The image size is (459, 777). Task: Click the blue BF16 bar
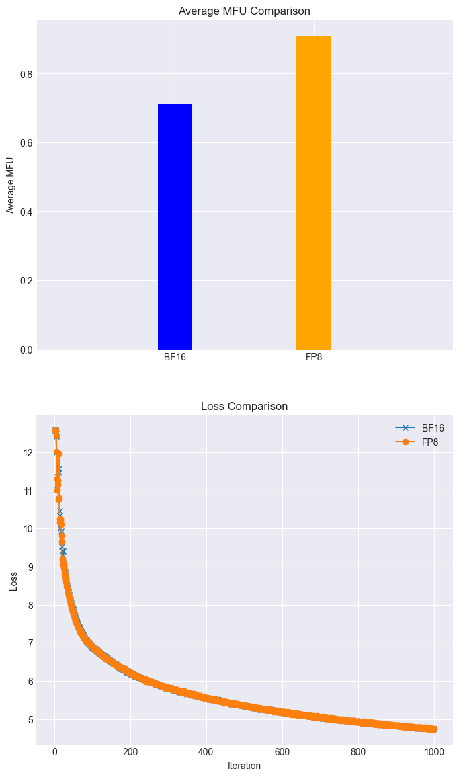pos(175,227)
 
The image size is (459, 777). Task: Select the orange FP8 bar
pos(313,193)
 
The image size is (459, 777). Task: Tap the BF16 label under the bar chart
pos(175,357)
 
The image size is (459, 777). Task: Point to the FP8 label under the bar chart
pos(314,357)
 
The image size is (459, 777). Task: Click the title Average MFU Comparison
pos(244,11)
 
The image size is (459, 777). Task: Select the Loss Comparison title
pos(244,406)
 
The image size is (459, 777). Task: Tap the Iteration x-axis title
pos(244,765)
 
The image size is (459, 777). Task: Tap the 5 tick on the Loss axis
pos(27,719)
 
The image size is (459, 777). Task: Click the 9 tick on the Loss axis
pos(27,567)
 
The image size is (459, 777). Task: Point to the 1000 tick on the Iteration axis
pos(434,751)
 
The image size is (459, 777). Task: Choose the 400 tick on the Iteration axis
pos(206,751)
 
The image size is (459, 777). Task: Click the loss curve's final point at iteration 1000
pos(433,729)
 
